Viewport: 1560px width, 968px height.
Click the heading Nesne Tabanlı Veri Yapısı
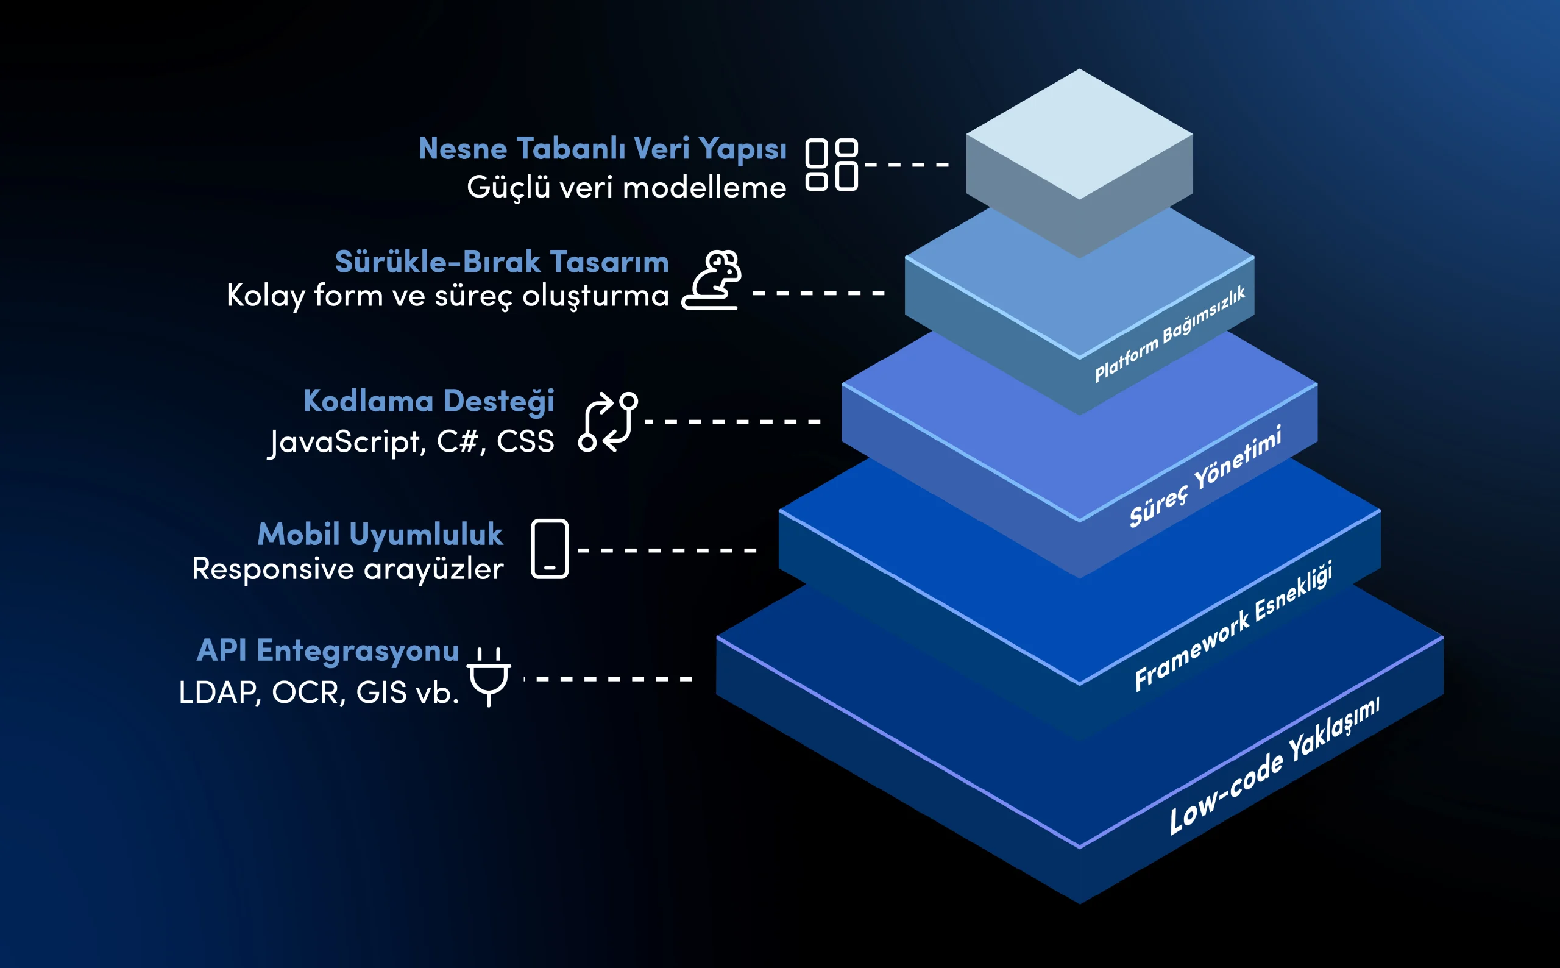(602, 149)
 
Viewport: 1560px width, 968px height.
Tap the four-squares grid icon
(831, 165)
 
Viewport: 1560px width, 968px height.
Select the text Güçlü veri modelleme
(626, 188)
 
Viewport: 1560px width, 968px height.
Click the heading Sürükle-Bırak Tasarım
(502, 262)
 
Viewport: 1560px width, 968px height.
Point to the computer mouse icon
(712, 280)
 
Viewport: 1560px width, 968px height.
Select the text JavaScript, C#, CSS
(411, 443)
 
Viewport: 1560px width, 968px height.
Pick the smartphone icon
(550, 549)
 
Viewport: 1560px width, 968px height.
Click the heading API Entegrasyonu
(328, 651)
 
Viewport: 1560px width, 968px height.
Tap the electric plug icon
(489, 677)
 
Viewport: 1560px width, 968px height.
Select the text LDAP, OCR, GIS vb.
(319, 692)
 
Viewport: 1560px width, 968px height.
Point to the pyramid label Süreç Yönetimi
(1205, 476)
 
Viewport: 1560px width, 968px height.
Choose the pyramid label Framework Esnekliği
(1233, 626)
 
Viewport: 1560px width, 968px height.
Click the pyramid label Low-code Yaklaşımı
(1274, 766)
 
